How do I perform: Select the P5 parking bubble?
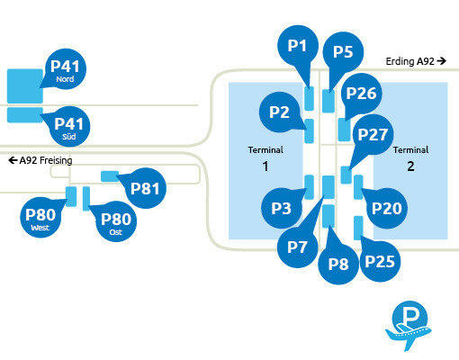(x=343, y=51)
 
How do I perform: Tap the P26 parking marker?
(x=360, y=93)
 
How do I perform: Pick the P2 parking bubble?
(x=279, y=112)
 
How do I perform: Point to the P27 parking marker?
(x=372, y=134)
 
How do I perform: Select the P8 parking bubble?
(x=338, y=264)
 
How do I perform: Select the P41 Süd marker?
(x=68, y=126)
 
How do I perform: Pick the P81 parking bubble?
(x=145, y=188)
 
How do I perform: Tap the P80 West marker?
(x=40, y=219)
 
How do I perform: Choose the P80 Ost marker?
(x=115, y=221)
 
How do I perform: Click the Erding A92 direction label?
(x=415, y=61)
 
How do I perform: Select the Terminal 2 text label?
(x=410, y=157)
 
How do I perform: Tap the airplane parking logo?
(x=412, y=325)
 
